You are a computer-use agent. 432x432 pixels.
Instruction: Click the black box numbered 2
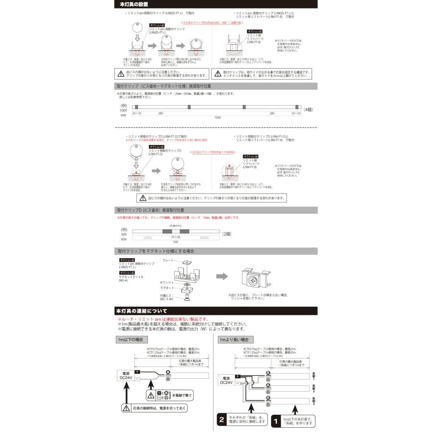coord(222,418)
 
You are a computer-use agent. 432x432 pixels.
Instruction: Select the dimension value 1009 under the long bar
coord(217,117)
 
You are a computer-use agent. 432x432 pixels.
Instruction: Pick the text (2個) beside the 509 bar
coord(227,234)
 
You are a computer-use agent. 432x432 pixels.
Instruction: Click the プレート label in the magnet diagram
coord(168,260)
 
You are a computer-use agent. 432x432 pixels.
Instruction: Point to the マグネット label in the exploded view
coord(168,288)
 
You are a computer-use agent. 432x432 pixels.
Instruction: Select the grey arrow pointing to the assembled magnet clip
coord(221,276)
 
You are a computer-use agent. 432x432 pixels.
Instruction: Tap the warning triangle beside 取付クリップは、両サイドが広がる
coord(217,73)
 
